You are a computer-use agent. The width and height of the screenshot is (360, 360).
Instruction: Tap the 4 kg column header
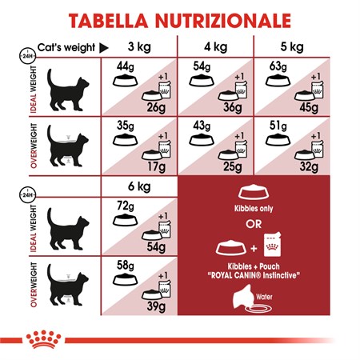215,46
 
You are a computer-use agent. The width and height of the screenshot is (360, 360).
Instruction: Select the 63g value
276,66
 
